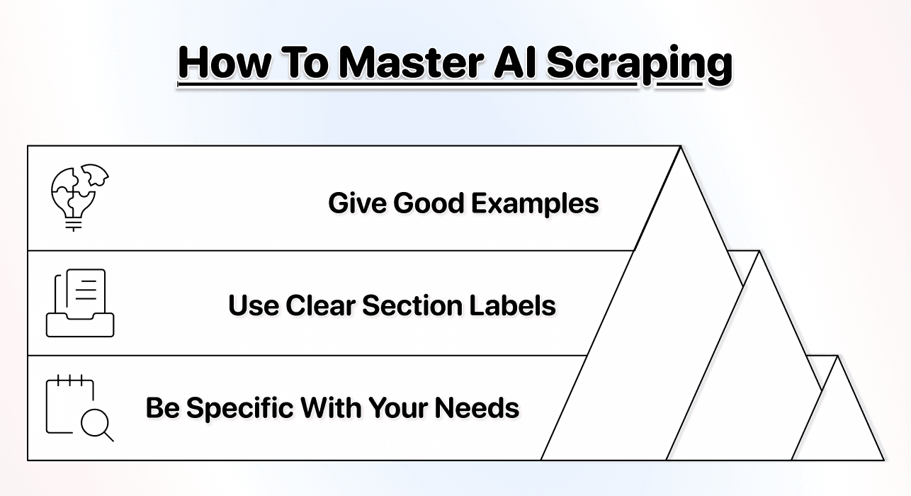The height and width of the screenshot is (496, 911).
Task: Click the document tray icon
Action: coord(80,303)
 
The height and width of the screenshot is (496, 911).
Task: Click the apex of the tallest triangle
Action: coord(681,148)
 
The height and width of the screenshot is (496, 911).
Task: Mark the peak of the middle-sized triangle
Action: coord(759,253)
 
